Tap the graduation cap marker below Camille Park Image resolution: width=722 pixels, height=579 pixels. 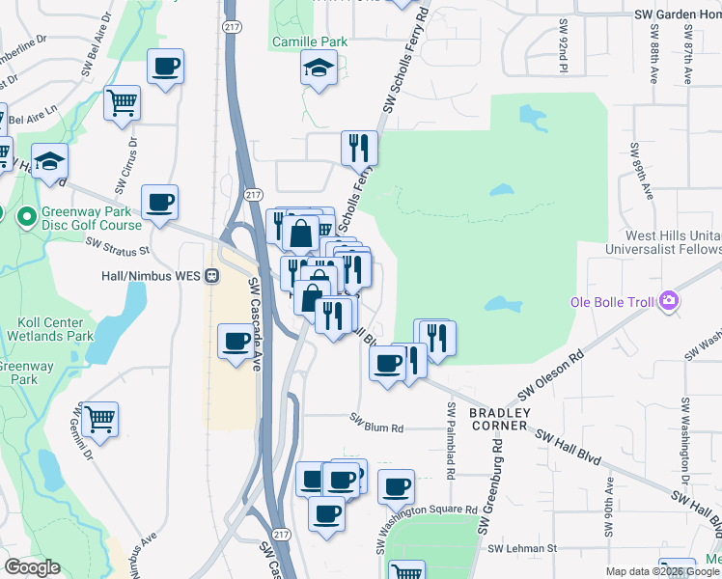[x=318, y=69]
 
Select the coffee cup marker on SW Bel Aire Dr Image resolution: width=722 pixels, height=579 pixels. [x=165, y=68]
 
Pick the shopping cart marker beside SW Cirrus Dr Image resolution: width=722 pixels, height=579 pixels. [x=123, y=102]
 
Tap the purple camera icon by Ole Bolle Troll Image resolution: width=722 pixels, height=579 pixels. [x=668, y=301]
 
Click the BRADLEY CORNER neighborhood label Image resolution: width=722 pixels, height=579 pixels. [x=499, y=419]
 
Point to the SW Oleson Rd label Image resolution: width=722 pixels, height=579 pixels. [x=551, y=375]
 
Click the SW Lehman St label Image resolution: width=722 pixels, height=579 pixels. [x=522, y=548]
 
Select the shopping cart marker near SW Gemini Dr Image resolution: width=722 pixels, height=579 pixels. [x=100, y=418]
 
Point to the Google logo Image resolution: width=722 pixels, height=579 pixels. [x=32, y=567]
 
